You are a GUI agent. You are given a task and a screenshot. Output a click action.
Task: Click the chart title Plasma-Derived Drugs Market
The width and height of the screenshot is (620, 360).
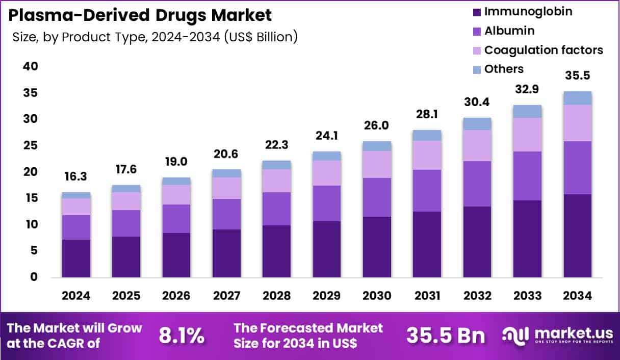click(140, 15)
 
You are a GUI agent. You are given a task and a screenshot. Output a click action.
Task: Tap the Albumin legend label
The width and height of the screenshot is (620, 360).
click(509, 31)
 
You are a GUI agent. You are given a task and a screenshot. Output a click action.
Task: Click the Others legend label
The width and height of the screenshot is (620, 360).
click(504, 69)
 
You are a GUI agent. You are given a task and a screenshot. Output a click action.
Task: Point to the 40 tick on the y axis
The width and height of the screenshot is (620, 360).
click(30, 67)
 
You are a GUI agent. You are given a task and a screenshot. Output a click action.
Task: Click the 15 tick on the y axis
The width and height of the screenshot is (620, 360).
click(30, 198)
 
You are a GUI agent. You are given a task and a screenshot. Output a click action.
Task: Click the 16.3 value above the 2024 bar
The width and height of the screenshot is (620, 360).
click(76, 176)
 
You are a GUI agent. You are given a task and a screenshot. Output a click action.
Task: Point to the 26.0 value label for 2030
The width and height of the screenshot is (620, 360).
click(377, 125)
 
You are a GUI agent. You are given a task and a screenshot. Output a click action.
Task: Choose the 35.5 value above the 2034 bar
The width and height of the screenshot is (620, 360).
click(577, 76)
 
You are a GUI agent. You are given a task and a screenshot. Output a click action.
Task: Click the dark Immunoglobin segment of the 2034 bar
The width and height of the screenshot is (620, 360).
click(577, 236)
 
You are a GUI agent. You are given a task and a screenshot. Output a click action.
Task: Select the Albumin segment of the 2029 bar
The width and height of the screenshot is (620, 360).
click(326, 203)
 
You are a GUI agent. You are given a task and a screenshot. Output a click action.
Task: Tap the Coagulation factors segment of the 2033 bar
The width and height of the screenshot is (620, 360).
click(527, 135)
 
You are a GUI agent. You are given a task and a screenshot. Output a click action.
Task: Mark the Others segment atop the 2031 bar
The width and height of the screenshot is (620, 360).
click(427, 135)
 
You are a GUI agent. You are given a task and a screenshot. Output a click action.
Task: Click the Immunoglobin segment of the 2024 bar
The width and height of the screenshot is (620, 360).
click(76, 258)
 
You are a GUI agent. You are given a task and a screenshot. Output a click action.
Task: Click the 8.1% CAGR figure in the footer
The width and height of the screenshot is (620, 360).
click(182, 336)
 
